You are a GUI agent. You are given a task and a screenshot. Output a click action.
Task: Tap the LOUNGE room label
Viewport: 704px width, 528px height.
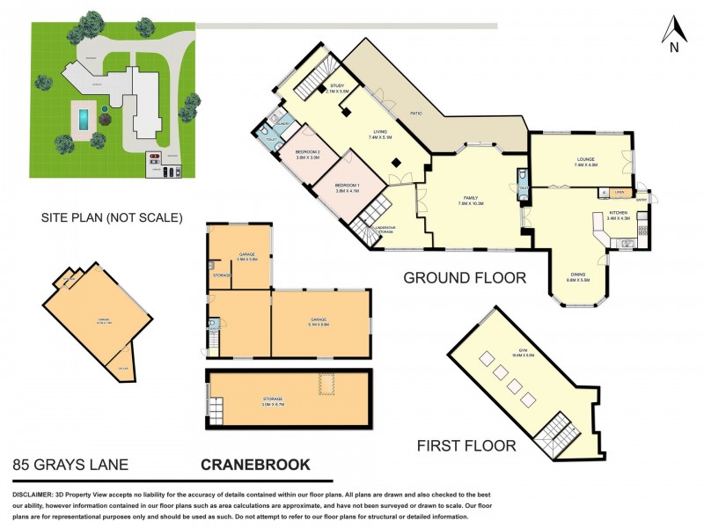coord(585,161)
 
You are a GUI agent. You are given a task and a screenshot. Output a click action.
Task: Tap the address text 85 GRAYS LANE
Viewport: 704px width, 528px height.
coord(70,463)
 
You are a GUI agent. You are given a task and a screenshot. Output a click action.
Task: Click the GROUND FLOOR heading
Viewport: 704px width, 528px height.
coord(464,277)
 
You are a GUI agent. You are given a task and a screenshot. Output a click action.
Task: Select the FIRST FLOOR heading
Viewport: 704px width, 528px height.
coord(466,446)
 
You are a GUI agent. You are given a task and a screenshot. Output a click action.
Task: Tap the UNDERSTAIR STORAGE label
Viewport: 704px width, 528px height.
coord(385,229)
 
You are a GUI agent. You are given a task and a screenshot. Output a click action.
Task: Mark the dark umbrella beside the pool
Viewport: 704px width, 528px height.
coord(105,110)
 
